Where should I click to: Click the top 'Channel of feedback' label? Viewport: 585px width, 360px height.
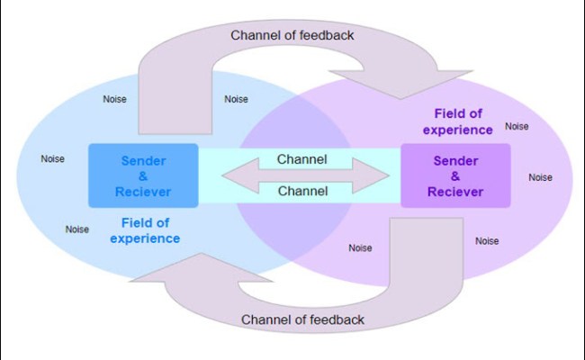pyautogui.click(x=292, y=35)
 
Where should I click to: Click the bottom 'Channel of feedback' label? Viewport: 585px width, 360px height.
pyautogui.click(x=303, y=319)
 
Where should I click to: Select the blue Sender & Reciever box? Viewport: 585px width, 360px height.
pyautogui.click(x=143, y=175)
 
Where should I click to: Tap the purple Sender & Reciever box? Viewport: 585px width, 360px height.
pyautogui.click(x=455, y=175)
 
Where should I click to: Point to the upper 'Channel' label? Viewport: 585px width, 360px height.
pyautogui.click(x=301, y=159)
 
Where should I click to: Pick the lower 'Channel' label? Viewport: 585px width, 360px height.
pyautogui.click(x=301, y=191)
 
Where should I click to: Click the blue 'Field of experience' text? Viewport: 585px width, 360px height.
pyautogui.click(x=145, y=230)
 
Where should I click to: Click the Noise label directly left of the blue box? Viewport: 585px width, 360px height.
pyautogui.click(x=53, y=159)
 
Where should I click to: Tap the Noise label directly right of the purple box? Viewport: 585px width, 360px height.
pyautogui.click(x=540, y=177)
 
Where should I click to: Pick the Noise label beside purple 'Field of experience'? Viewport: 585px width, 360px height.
pyautogui.click(x=517, y=126)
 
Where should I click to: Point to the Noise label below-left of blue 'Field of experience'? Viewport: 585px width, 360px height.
pyautogui.click(x=77, y=229)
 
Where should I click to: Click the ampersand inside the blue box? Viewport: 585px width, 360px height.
pyautogui.click(x=143, y=176)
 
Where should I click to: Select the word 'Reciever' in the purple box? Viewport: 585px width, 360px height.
pyautogui.click(x=455, y=192)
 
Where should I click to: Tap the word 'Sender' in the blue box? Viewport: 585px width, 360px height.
pyautogui.click(x=143, y=160)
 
